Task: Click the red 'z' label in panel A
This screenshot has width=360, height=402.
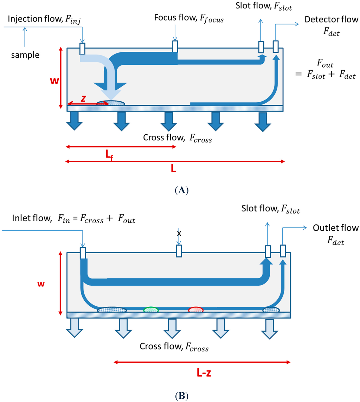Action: click(83, 99)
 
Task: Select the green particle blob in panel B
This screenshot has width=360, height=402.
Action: click(151, 310)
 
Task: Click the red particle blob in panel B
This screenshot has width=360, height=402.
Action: click(196, 310)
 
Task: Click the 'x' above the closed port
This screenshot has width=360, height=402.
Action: click(179, 233)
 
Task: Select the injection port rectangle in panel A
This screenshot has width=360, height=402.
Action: click(82, 49)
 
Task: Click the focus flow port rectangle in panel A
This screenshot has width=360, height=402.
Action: click(175, 46)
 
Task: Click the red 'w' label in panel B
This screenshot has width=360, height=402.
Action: click(41, 283)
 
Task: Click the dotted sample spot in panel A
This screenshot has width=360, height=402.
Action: click(110, 103)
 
